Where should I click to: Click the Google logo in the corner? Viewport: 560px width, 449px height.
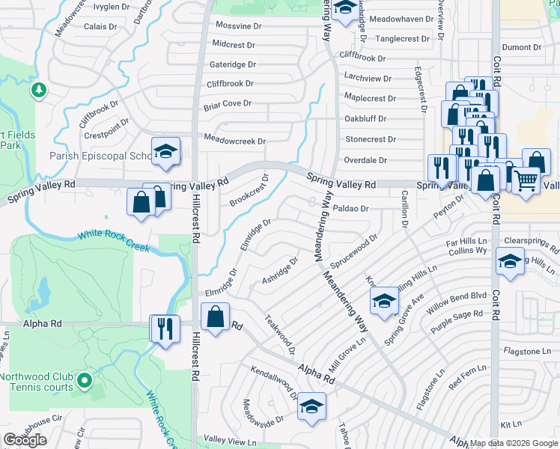25,440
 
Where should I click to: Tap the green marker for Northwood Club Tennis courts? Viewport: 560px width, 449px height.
85,382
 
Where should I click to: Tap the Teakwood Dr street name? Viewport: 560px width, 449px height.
281,334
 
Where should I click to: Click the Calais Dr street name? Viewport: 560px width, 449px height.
100,25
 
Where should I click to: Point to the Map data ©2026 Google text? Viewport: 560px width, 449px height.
514,443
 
